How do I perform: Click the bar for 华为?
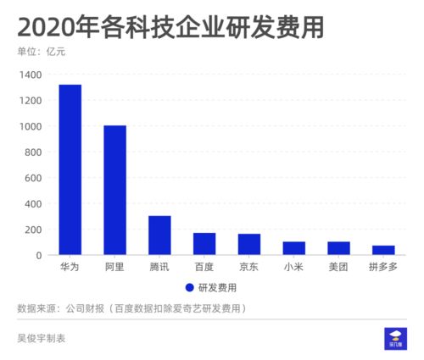(x=70, y=169)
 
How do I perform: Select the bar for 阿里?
(x=114, y=191)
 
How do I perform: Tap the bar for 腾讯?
(x=159, y=235)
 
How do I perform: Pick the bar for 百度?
(x=204, y=244)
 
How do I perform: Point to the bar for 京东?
(x=249, y=245)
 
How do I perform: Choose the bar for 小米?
(x=294, y=248)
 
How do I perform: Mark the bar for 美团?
(x=338, y=248)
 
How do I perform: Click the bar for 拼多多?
(x=383, y=250)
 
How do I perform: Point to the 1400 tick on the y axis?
(x=31, y=75)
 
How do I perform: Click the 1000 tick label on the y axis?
(x=31, y=126)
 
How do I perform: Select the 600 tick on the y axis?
(x=34, y=178)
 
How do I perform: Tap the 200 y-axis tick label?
(x=34, y=230)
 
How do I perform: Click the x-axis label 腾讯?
(x=159, y=267)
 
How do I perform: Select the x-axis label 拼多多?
(x=383, y=267)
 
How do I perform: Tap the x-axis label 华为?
(x=70, y=267)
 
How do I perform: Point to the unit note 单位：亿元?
(x=42, y=53)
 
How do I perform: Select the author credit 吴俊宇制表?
(x=42, y=338)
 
